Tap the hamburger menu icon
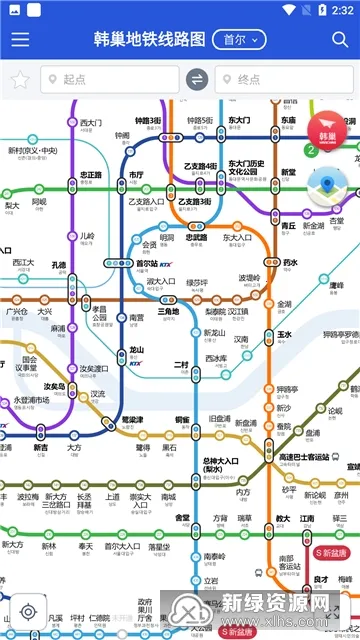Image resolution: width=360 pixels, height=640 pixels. (x=20, y=40)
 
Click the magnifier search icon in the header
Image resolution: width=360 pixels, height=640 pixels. (x=340, y=40)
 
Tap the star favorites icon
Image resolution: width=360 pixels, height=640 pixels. (x=18, y=80)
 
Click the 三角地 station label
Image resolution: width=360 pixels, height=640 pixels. (x=169, y=312)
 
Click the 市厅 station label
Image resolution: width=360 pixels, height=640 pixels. (x=137, y=175)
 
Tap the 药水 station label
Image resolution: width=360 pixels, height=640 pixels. (x=290, y=263)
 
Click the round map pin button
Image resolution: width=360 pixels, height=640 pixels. (x=326, y=185)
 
